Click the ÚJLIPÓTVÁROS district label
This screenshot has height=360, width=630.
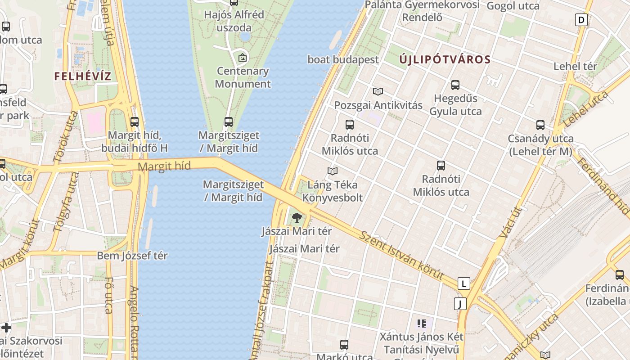point(445,59)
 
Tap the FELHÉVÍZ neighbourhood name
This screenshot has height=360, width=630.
point(82,76)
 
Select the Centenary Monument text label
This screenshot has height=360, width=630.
point(243,77)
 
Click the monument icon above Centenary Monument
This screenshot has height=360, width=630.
point(243,58)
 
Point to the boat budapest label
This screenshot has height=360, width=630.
point(343,59)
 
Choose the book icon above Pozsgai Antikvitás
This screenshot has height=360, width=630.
point(378,92)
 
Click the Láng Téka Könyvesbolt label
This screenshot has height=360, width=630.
point(333,191)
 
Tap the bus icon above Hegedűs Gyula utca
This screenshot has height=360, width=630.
point(455,85)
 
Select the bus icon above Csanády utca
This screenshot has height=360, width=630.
point(540,125)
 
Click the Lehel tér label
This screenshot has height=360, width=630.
point(575,66)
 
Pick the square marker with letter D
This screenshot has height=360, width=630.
point(581,20)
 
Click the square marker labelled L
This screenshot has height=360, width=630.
point(463,283)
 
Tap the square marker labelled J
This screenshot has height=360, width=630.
point(460,304)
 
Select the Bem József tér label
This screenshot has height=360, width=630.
point(132,256)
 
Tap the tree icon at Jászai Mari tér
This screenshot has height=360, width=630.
point(297,218)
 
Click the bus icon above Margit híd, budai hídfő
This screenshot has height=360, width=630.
point(134,121)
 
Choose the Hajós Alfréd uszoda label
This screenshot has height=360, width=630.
point(234,21)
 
